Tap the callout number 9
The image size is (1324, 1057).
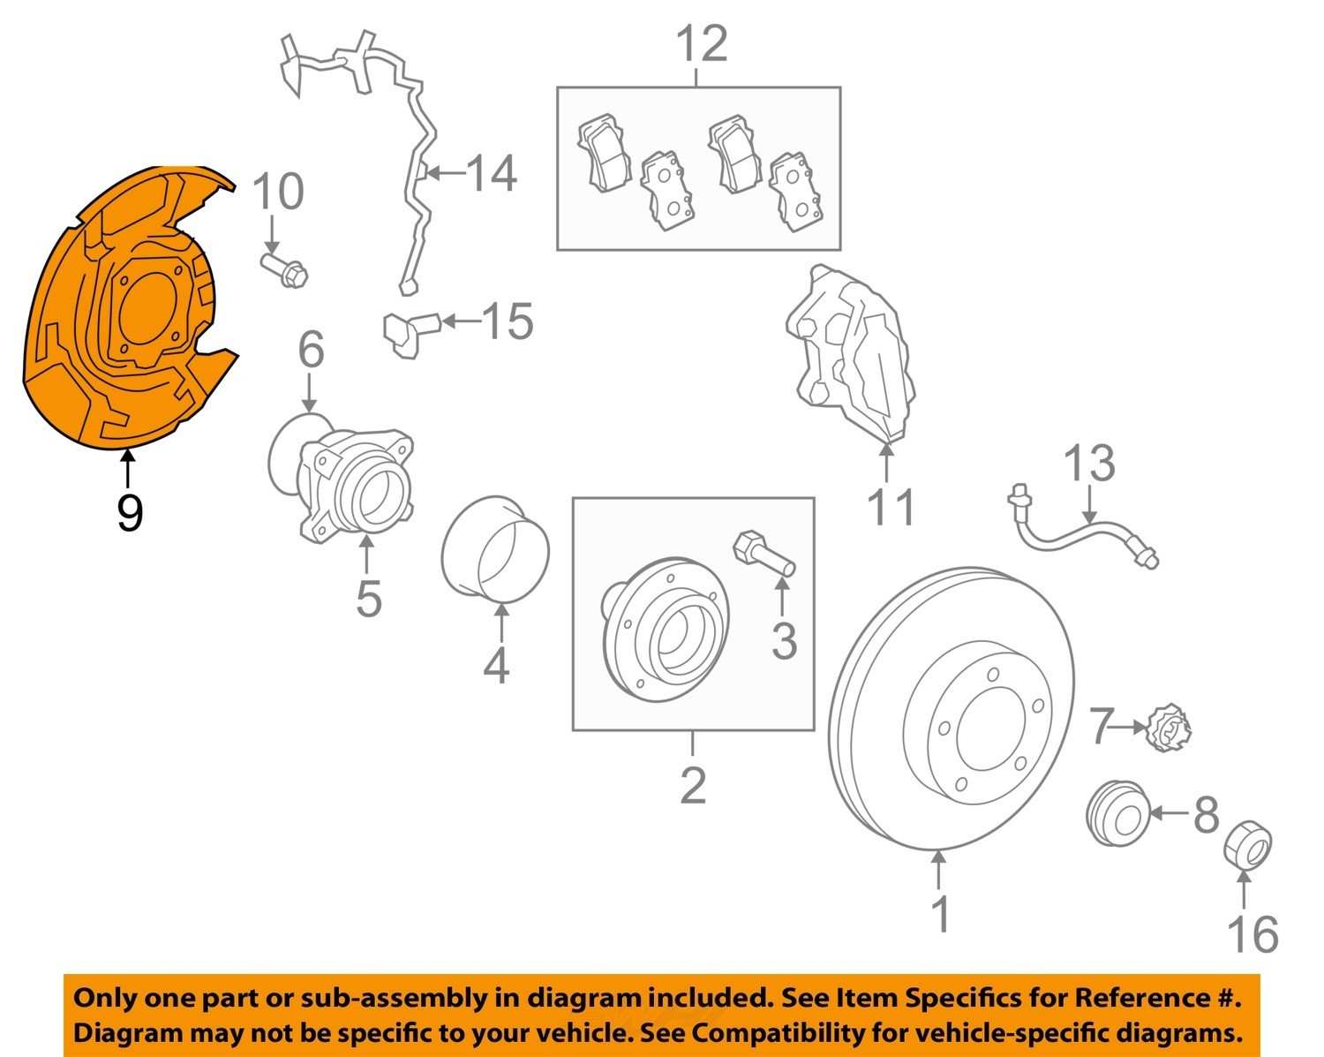[129, 512]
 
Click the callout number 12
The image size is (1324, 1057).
[702, 44]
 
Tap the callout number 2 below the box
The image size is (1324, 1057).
[693, 785]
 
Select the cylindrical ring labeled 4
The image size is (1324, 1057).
[494, 552]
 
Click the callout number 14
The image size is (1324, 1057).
[491, 173]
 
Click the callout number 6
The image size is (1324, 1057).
[310, 351]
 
